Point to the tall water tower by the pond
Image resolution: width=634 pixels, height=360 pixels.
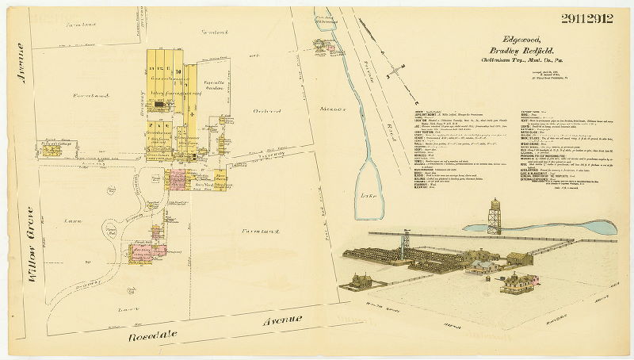[x=495, y=215]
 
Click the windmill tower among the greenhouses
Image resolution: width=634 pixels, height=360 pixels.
[x=406, y=241]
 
